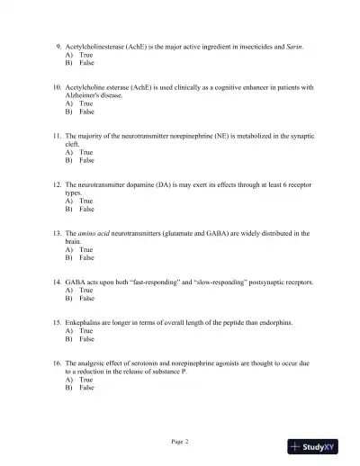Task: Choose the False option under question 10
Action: click(x=86, y=112)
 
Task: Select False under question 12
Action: click(x=86, y=209)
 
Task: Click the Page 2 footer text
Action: click(x=180, y=442)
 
